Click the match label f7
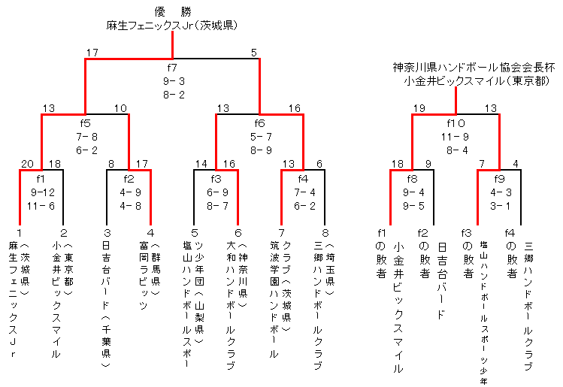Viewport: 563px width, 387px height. pyautogui.click(x=173, y=68)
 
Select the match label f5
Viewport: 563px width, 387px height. pyautogui.click(x=85, y=123)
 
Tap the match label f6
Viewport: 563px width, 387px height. pyautogui.click(x=259, y=123)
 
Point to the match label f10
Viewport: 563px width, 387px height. pyautogui.click(x=456, y=123)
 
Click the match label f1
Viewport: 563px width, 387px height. pyautogui.click(x=41, y=179)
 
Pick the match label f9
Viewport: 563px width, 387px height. pyautogui.click(x=499, y=179)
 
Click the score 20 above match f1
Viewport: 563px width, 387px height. pyautogui.click(x=27, y=164)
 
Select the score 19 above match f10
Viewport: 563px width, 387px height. pyautogui.click(x=419, y=108)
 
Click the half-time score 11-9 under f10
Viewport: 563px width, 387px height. pyautogui.click(x=456, y=137)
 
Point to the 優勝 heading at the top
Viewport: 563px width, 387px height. pyautogui.click(x=173, y=11)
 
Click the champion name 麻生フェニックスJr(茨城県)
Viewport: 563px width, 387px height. pyautogui.click(x=173, y=26)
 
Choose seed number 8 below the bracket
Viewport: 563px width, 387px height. pyautogui.click(x=325, y=232)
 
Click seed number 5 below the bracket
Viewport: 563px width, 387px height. pyautogui.click(x=194, y=232)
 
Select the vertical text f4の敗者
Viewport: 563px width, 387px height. pyautogui.click(x=510, y=259)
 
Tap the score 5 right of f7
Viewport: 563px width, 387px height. pyautogui.click(x=254, y=53)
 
